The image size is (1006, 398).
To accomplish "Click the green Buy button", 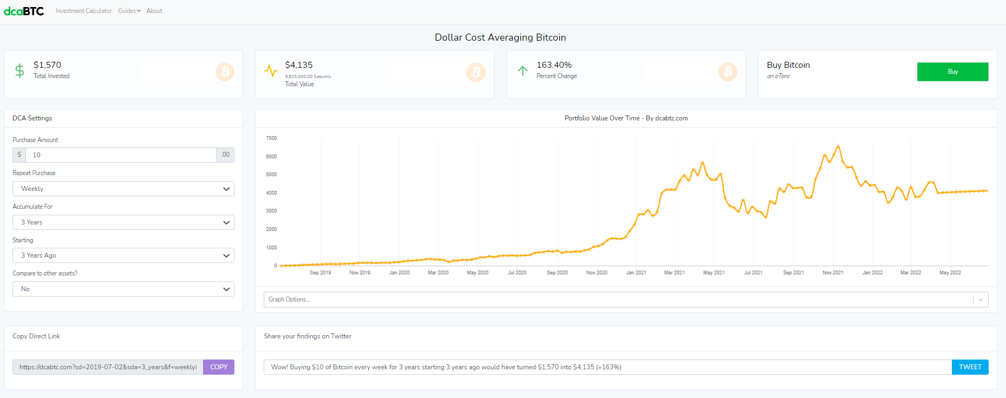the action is point(952,72).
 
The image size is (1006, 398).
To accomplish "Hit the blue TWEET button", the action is point(970,367).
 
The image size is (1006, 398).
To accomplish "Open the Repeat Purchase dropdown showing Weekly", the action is point(123,189).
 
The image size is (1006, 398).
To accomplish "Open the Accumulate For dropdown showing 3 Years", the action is point(123,222).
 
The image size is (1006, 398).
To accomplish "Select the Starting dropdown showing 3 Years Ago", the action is point(123,255).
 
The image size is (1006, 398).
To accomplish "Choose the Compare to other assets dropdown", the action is point(123,289).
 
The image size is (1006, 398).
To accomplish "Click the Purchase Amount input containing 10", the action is point(121,155).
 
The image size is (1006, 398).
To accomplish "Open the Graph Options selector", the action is point(626,299).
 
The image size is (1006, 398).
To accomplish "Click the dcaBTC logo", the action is point(24,11).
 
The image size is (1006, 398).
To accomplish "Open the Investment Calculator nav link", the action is point(83,11).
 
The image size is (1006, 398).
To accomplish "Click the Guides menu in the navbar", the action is point(129,11).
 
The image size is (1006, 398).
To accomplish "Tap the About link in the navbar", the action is point(154,11).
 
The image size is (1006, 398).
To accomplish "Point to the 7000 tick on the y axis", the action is point(271,138).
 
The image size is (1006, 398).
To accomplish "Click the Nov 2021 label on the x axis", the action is point(833,273).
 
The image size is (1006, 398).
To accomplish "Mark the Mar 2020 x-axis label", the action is point(438,273).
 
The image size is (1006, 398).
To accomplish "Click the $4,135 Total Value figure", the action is point(299,65).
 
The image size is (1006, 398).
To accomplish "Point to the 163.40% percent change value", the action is point(554,65).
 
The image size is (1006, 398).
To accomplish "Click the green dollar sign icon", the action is point(19,71).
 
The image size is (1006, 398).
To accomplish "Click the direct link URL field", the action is point(108,367).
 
